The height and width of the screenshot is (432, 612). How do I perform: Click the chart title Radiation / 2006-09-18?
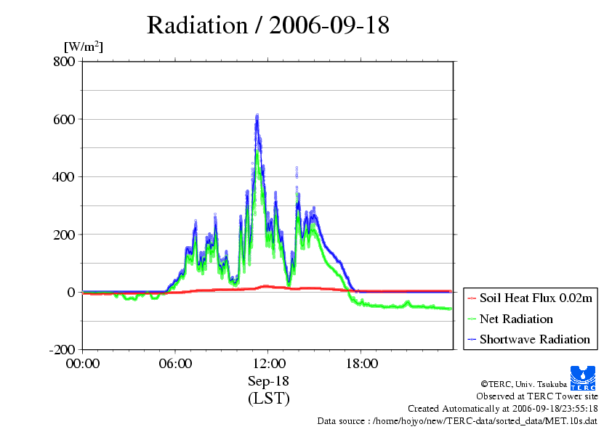267,25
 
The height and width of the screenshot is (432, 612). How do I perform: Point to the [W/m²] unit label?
84,46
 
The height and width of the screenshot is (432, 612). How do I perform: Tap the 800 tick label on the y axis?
64,61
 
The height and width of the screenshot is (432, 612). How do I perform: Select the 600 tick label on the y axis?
64,119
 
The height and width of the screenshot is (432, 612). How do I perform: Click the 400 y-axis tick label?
64,176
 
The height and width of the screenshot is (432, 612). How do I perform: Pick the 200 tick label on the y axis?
64,235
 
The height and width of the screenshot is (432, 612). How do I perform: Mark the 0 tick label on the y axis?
71,292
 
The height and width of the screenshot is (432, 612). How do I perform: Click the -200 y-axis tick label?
62,349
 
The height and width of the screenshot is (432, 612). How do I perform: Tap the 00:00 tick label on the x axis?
83,364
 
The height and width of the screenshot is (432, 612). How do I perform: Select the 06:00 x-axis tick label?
175,364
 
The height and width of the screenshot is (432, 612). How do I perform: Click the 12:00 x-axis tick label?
268,364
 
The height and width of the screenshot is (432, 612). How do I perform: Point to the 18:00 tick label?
361,364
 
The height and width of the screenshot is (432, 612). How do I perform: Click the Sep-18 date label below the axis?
268,380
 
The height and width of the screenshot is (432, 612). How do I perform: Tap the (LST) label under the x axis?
268,399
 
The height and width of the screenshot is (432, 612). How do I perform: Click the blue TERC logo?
583,378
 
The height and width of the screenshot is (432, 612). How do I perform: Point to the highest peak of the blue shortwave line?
257,115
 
